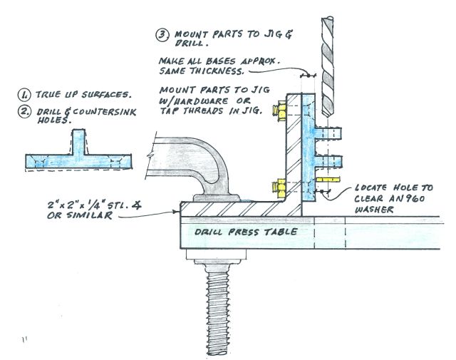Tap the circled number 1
pyautogui.click(x=25, y=94)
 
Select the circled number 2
pyautogui.click(x=25, y=110)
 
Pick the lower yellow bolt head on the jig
pyautogui.click(x=279, y=190)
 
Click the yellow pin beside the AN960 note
pyautogui.click(x=329, y=181)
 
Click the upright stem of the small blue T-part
pyautogui.click(x=78, y=141)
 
